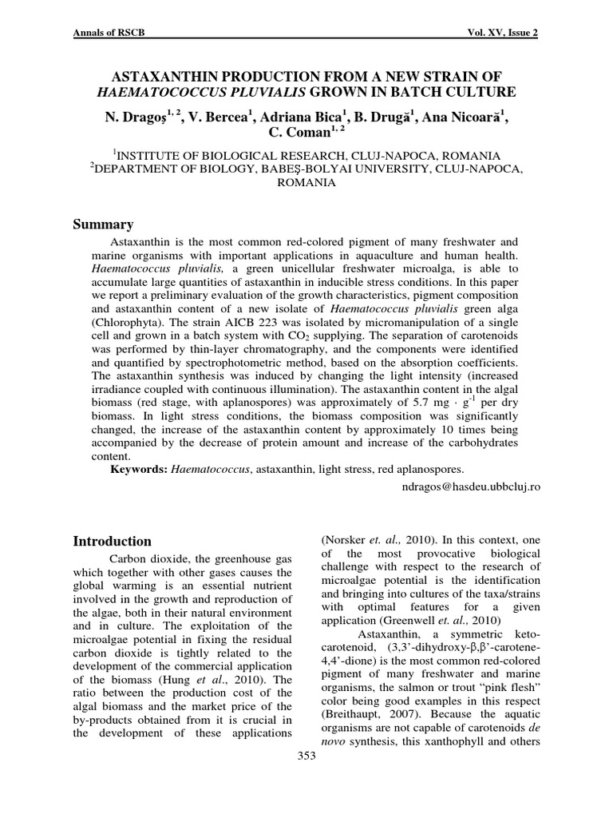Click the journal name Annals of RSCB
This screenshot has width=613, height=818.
pyautogui.click(x=109, y=33)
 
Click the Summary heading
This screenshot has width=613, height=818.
pyautogui.click(x=103, y=224)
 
